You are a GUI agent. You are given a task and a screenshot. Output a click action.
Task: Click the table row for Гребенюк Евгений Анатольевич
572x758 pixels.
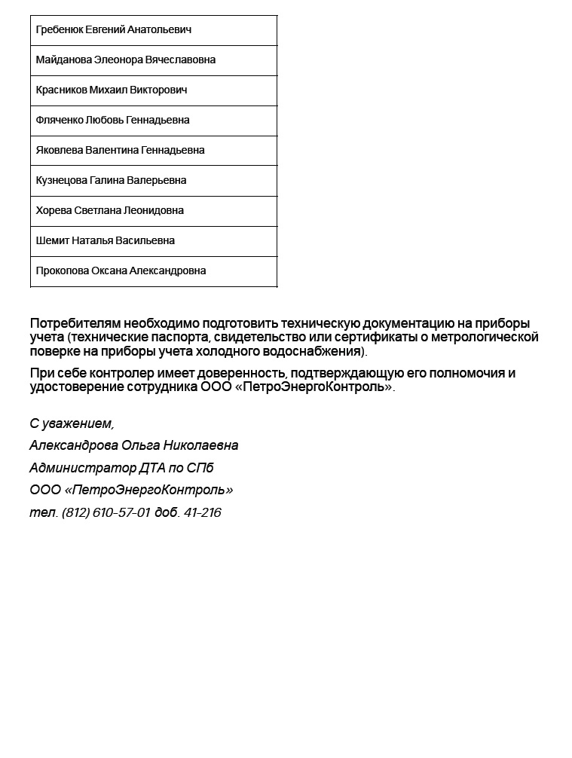tap(114, 30)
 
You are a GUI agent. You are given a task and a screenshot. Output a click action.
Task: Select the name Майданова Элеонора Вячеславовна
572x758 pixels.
tap(126, 60)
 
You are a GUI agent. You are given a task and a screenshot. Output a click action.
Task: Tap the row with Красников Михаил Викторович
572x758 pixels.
tap(112, 90)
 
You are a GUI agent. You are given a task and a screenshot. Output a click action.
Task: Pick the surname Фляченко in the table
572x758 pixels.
tap(60, 121)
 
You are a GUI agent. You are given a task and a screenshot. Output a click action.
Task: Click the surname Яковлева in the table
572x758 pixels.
tap(59, 151)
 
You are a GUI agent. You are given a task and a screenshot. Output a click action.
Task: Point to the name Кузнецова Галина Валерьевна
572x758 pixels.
tap(111, 181)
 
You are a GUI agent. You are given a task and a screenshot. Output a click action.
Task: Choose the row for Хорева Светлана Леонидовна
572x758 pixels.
tap(110, 211)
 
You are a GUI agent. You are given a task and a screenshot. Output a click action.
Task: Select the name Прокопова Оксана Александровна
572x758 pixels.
tap(121, 271)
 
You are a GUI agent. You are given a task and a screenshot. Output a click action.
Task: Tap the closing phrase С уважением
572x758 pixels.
tap(72, 424)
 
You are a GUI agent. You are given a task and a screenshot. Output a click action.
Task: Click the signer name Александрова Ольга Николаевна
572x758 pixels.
tap(134, 446)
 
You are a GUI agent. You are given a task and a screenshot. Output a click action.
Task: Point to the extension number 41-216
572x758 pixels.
tap(203, 513)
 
